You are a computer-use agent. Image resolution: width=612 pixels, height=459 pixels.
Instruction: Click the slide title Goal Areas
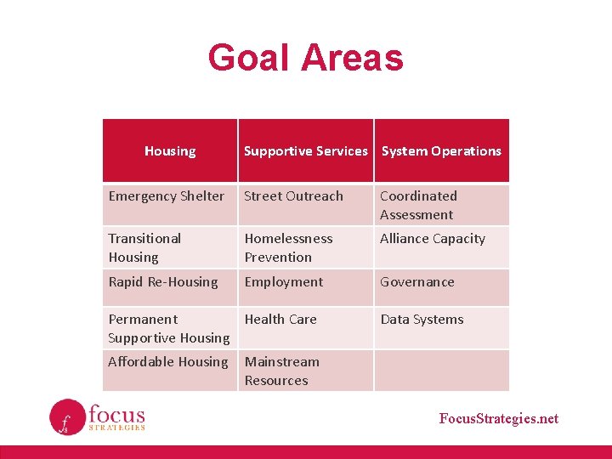(305, 58)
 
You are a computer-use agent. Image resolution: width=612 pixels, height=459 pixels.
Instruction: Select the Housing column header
(170, 151)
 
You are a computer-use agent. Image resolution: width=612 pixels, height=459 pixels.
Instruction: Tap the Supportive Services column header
(305, 151)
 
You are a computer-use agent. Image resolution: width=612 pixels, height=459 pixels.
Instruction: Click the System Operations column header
(441, 151)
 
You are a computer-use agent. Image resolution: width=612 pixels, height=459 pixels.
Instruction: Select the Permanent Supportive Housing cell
(169, 328)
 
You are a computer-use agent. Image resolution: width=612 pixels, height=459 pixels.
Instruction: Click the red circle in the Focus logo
(67, 416)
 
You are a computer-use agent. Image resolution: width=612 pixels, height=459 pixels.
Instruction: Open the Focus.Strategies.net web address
(499, 418)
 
